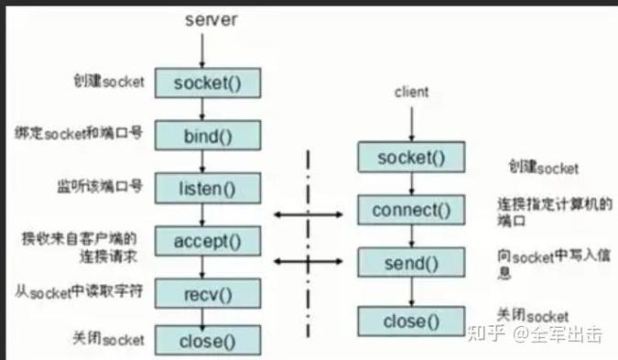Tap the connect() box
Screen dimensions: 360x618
pyautogui.click(x=412, y=211)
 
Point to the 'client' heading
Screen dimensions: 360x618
pyautogui.click(x=411, y=93)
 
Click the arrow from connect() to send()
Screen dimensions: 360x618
pyautogui.click(x=412, y=236)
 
